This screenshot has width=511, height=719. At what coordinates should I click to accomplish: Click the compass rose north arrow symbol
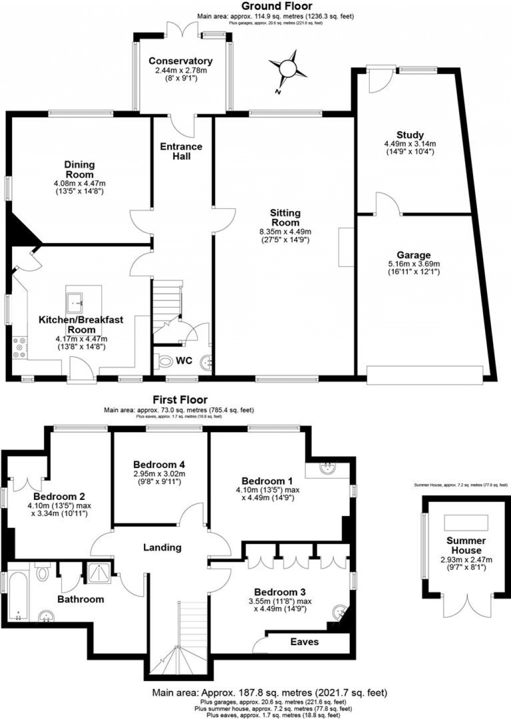287,69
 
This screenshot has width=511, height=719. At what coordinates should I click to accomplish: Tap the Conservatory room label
181,61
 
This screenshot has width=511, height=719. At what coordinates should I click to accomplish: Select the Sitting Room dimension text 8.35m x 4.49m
285,232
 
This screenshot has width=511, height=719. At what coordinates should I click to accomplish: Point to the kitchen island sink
76,301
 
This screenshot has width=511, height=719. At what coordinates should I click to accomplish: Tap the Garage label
414,255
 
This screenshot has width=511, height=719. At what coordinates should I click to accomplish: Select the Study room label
410,135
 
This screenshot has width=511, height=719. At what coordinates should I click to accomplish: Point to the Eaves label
304,642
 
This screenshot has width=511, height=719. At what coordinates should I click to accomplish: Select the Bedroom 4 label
159,465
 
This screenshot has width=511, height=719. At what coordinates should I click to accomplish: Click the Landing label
162,547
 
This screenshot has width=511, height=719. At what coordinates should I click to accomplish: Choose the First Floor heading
180,400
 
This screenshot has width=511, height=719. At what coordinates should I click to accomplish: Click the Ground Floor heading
276,6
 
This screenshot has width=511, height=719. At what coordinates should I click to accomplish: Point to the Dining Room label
79,169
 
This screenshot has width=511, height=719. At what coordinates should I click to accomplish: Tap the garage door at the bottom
425,375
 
